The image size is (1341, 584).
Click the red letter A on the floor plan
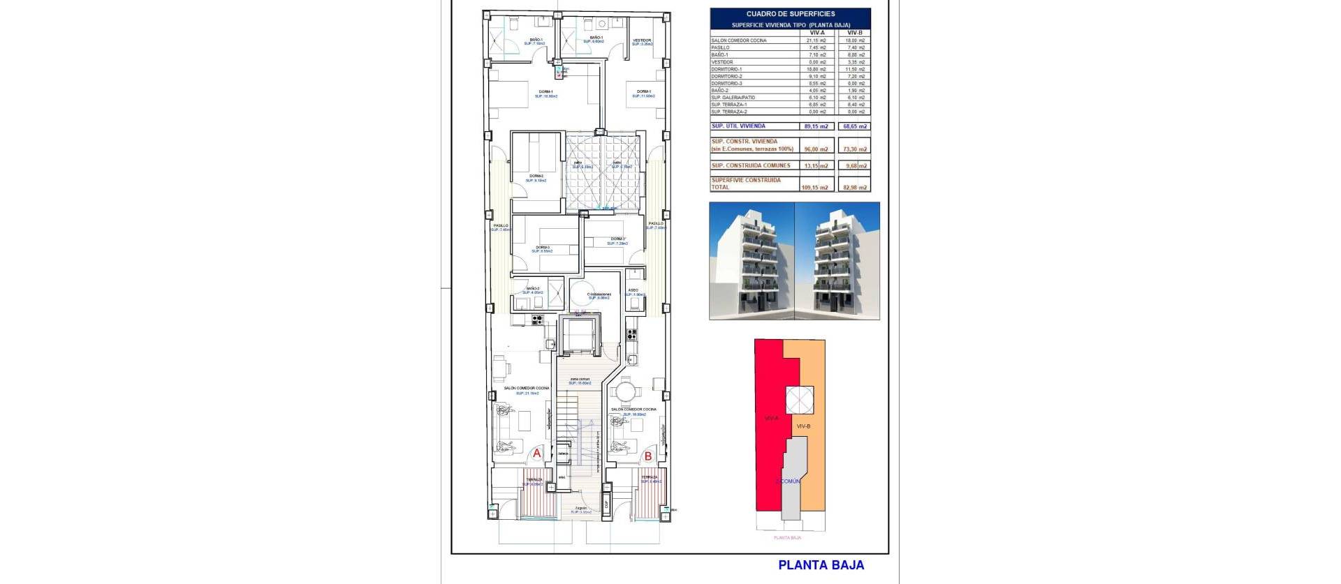point(536,454)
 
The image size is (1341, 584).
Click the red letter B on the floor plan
point(648,456)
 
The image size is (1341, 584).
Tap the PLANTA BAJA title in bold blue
point(821,565)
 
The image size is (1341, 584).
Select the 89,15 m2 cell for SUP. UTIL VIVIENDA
point(815,126)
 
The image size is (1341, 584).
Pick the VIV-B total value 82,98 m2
point(854,187)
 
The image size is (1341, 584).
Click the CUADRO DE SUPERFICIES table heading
point(790,14)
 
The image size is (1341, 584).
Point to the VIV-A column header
point(816,33)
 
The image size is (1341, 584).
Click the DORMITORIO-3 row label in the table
point(727,83)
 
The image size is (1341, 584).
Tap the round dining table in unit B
point(626,391)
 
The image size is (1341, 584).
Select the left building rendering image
point(752,261)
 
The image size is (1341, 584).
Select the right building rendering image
point(837,261)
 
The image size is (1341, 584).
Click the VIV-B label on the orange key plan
point(803,426)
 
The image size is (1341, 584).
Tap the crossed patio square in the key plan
point(799,400)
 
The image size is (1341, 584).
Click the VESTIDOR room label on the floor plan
point(642,40)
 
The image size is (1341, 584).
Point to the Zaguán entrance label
point(581,508)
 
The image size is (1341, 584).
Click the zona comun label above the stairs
point(579,380)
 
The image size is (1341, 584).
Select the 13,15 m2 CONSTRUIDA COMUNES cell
point(815,166)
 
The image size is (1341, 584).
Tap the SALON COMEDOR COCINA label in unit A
point(527,388)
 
